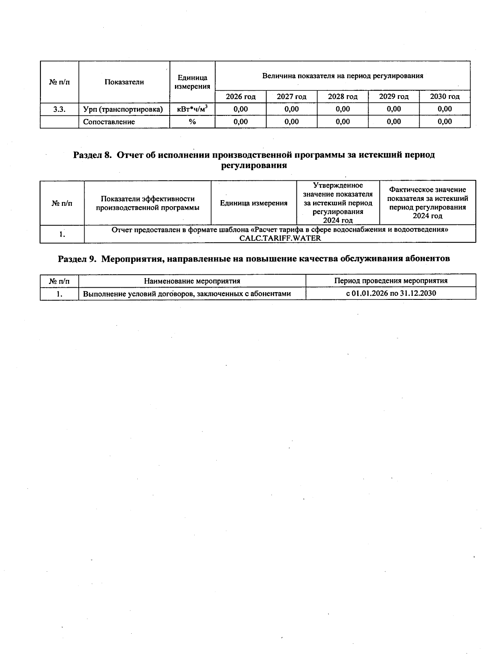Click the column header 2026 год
tap(241, 96)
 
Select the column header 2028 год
tap(343, 96)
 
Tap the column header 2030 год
tap(445, 96)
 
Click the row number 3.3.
tap(60, 109)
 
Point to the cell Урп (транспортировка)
tap(123, 109)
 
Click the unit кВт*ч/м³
tap(192, 109)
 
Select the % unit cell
tap(192, 122)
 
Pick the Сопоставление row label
tap(109, 122)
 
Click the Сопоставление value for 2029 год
tap(394, 122)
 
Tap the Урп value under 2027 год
tap(292, 109)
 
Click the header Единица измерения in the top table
tap(192, 82)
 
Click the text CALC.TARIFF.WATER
tap(280, 238)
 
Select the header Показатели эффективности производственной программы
tap(147, 203)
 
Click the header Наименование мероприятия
tap(192, 281)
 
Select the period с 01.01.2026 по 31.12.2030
tap(391, 293)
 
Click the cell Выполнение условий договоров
tap(187, 294)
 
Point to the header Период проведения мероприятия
tap(391, 281)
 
